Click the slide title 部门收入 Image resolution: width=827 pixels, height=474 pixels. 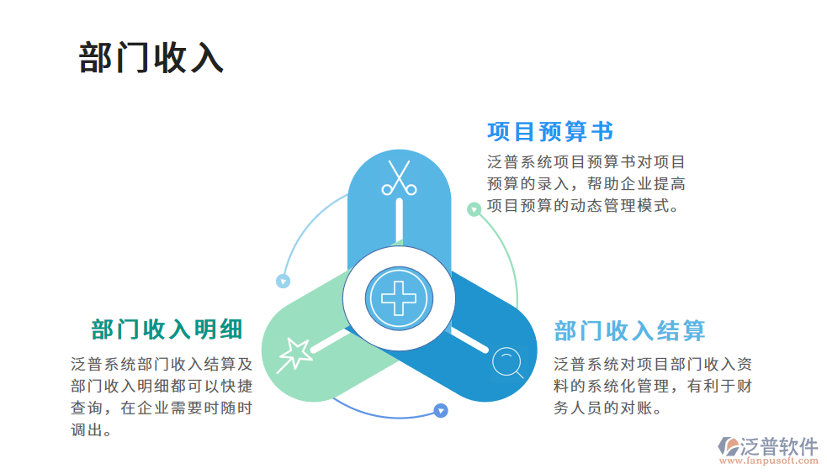(x=151, y=57)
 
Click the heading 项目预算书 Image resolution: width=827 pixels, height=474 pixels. (x=550, y=132)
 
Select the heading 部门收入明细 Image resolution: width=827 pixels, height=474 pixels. (x=167, y=329)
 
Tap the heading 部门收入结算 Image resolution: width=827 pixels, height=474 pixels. (x=629, y=331)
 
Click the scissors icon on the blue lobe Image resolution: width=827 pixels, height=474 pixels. (x=399, y=178)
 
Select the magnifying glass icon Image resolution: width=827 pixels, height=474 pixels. (x=507, y=363)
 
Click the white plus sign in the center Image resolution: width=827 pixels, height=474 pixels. (x=398, y=297)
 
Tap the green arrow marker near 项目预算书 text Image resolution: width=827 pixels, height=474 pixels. (x=474, y=208)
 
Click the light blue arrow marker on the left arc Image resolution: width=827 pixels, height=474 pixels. (x=284, y=282)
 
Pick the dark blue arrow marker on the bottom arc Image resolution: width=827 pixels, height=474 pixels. (x=440, y=411)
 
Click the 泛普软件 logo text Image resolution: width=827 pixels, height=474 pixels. (x=779, y=446)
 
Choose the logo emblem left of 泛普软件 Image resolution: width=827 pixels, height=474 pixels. (x=727, y=448)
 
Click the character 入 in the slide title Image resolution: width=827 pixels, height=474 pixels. (x=204, y=57)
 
